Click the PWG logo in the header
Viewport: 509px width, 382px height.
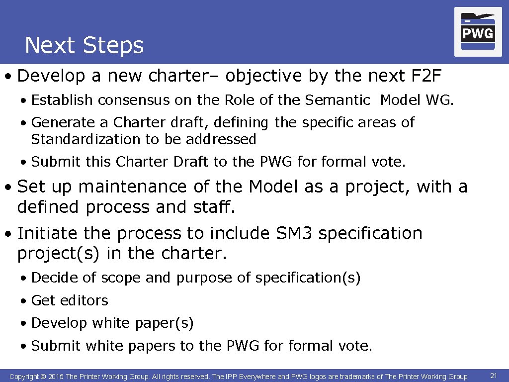[478, 32]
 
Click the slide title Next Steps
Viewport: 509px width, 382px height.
[84, 45]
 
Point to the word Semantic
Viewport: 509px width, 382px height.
[338, 100]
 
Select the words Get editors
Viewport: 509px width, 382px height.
[70, 300]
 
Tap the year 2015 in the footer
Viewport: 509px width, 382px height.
[56, 377]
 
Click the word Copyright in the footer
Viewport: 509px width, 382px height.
[24, 377]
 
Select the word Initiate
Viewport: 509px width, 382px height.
[47, 233]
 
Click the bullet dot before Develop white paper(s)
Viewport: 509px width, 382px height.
[24, 324]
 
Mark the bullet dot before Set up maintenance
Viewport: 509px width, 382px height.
[8, 188]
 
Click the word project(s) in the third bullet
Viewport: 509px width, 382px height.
[59, 254]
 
